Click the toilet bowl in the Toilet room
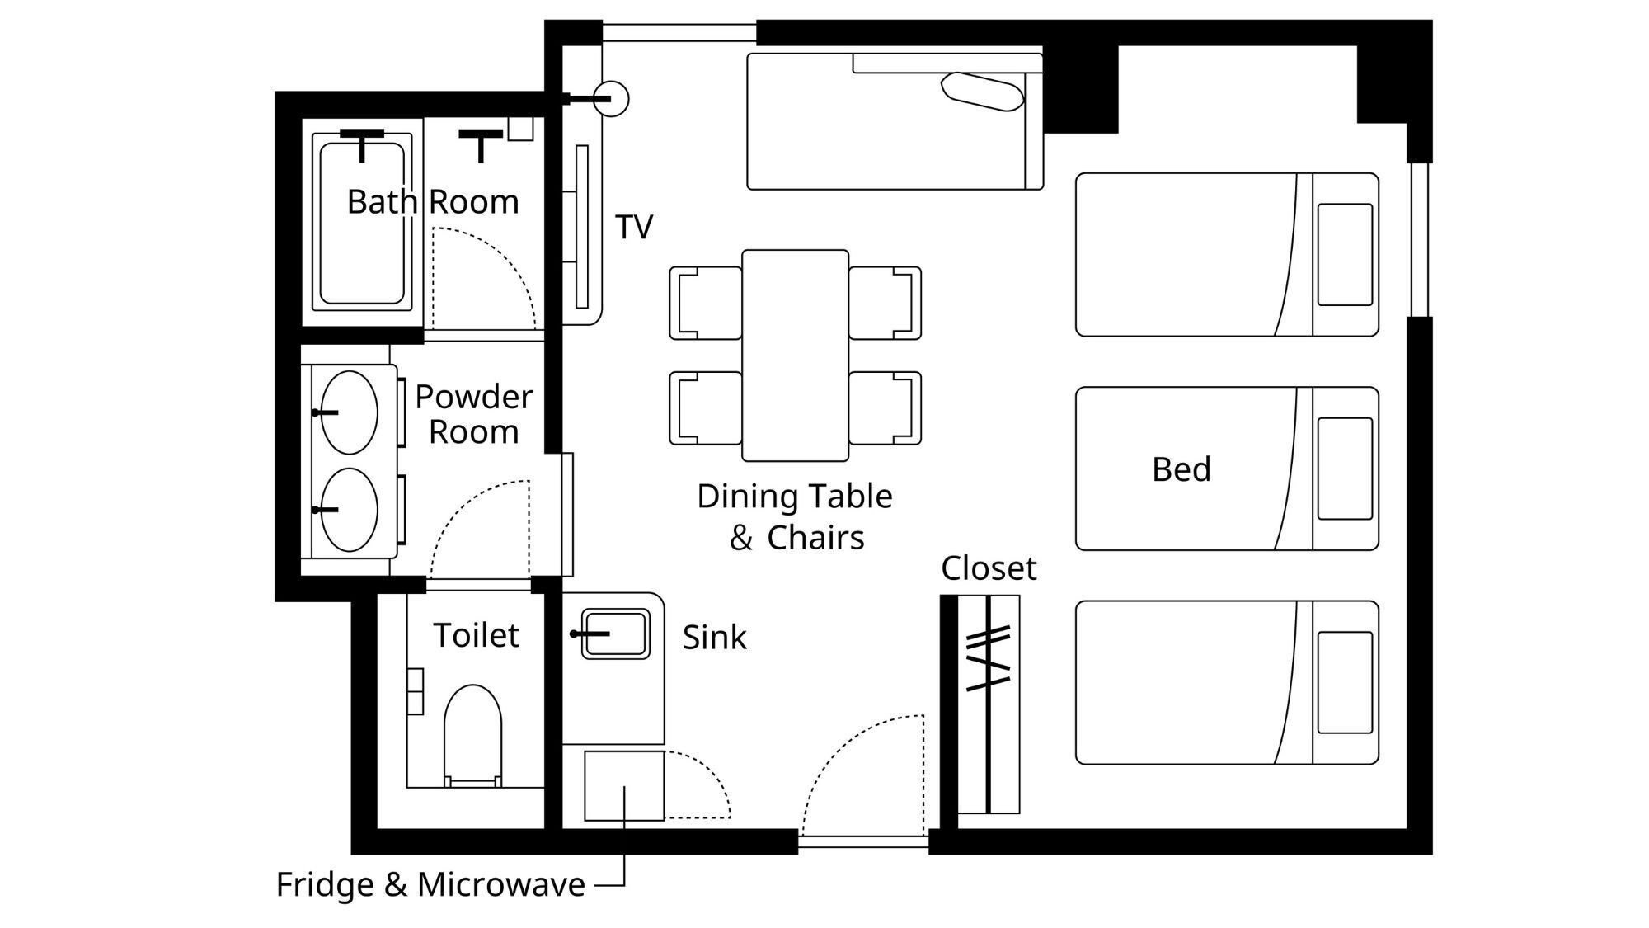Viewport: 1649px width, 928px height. (472, 734)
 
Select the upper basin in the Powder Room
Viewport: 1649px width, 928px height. (349, 412)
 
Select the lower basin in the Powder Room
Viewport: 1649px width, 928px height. (349, 510)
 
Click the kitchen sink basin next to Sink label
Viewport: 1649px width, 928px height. (615, 634)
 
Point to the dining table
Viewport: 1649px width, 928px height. (795, 356)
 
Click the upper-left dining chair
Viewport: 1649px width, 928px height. (706, 303)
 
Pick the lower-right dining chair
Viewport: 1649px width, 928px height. (885, 408)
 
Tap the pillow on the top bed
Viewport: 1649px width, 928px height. (1345, 254)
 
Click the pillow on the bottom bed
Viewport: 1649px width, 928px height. (1345, 682)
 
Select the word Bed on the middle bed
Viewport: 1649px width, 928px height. (1182, 469)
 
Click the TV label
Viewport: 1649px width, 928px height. (634, 227)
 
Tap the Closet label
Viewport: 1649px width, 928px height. (989, 568)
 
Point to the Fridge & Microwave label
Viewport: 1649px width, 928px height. (430, 884)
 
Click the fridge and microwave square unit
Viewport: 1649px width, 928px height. (624, 785)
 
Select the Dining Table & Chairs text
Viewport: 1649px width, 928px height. (795, 516)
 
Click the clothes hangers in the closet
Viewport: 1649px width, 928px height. (989, 657)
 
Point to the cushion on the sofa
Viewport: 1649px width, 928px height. (982, 92)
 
